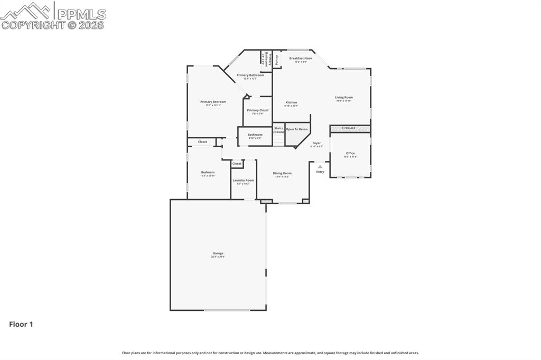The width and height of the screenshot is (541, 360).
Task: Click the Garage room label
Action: [218, 253]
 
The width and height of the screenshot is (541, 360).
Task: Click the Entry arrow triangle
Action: [320, 166]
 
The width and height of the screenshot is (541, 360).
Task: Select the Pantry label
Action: [277, 59]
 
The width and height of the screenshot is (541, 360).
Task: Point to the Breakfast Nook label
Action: [301, 58]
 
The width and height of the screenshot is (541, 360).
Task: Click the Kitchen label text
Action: [291, 102]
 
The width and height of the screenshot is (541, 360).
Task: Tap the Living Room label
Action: [344, 97]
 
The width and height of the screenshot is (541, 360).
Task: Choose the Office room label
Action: [350, 153]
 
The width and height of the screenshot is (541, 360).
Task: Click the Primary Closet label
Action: [258, 110]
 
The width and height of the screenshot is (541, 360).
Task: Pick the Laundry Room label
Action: [243, 180]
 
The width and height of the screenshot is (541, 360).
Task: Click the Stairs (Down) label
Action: [278, 130]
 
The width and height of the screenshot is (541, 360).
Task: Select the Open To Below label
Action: [297, 129]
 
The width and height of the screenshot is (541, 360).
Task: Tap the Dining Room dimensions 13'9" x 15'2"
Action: [282, 177]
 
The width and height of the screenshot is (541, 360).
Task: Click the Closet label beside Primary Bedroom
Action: [203, 141]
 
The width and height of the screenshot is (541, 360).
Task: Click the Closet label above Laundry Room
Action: [237, 164]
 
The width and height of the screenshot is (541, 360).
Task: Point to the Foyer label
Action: [316, 143]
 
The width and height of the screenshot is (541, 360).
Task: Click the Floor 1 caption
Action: [21, 325]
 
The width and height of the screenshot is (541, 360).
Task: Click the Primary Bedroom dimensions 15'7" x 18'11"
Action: [213, 105]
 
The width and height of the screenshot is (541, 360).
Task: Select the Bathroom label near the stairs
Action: [255, 135]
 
